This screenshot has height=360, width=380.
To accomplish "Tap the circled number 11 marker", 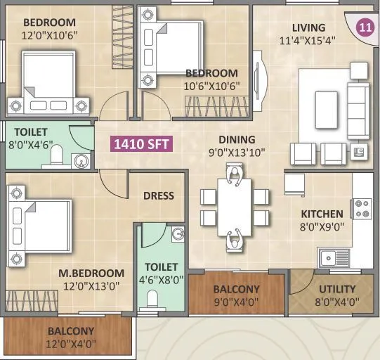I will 365,29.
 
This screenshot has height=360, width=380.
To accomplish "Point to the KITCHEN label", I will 322,214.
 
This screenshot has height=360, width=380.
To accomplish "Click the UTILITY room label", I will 337,289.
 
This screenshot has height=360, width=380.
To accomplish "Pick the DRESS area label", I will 158,195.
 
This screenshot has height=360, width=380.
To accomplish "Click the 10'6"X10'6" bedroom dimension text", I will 211,86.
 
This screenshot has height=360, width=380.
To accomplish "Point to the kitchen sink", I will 334,258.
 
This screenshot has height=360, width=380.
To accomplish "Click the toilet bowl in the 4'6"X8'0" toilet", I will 152,300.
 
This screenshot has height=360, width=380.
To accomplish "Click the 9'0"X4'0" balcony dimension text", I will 236,302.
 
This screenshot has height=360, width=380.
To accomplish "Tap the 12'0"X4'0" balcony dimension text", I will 71,344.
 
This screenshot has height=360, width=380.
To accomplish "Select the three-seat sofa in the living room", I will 358,110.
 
